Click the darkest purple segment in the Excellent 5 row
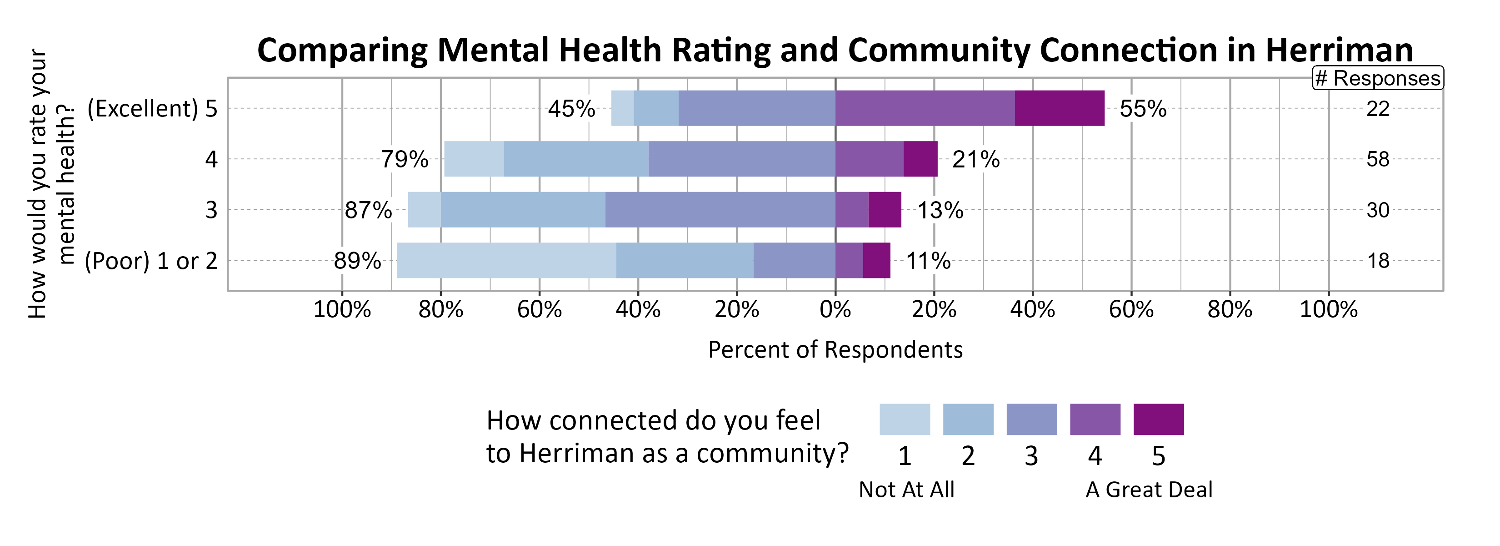[1059, 108]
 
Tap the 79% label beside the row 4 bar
[405, 159]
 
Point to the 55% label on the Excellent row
[1143, 109]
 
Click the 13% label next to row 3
[940, 210]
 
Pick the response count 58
[1378, 159]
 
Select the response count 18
[1378, 260]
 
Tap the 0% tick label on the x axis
[835, 309]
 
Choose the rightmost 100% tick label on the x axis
[1328, 309]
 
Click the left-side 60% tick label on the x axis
[539, 309]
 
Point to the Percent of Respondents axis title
[835, 349]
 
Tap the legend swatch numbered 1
[904, 420]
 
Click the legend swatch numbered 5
[1158, 420]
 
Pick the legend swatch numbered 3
[1031, 420]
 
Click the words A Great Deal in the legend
[1149, 490]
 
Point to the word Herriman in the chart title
[1339, 50]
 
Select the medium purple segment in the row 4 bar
[870, 159]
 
